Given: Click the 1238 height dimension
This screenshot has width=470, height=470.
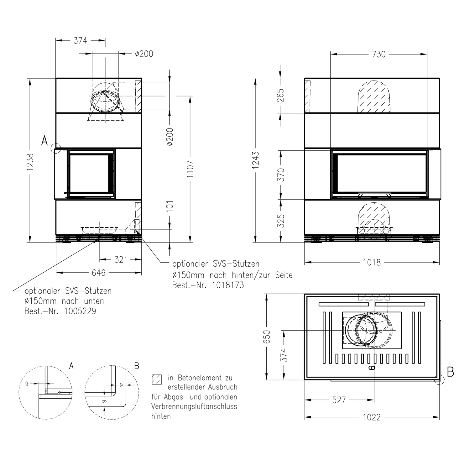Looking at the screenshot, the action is coord(30,162).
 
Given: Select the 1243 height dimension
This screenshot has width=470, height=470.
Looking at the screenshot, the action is coord(256,160).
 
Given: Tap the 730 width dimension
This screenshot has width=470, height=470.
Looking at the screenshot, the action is coord(379,54).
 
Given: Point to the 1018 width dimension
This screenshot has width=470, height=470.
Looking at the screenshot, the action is coord(372,262).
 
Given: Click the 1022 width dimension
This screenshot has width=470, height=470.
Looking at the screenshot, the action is coord(372,417).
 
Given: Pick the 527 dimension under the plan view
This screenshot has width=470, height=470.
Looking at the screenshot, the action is coord(339,400).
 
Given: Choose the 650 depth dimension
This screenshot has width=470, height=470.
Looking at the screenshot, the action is coord(267,337).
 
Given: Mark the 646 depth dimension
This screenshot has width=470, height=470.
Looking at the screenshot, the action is coord(99,273).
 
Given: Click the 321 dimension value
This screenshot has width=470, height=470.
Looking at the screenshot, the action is coord(121,259).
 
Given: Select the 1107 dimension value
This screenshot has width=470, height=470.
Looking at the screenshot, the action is coord(191,169).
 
